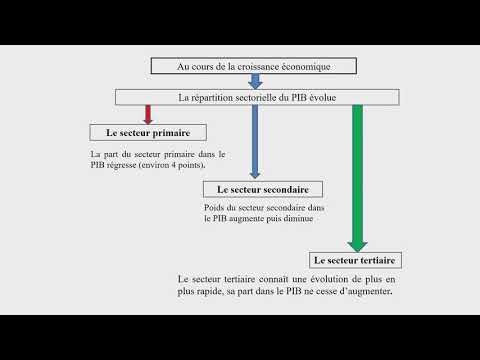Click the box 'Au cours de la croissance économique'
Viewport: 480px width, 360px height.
pos(254,66)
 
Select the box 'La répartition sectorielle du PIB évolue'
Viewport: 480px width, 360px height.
pos(257,97)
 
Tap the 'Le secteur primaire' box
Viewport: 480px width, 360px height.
pos(148,133)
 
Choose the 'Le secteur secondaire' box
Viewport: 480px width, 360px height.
pos(263,189)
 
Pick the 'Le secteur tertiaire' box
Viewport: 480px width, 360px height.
pos(355,260)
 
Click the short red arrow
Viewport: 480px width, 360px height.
pos(148,115)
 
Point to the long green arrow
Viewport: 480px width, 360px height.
pos(357,178)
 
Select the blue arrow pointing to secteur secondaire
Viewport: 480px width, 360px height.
pos(255,142)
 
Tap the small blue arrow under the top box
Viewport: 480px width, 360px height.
pos(255,81)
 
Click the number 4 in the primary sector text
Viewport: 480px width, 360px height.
pos(173,165)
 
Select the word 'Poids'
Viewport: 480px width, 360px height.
pos(213,207)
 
